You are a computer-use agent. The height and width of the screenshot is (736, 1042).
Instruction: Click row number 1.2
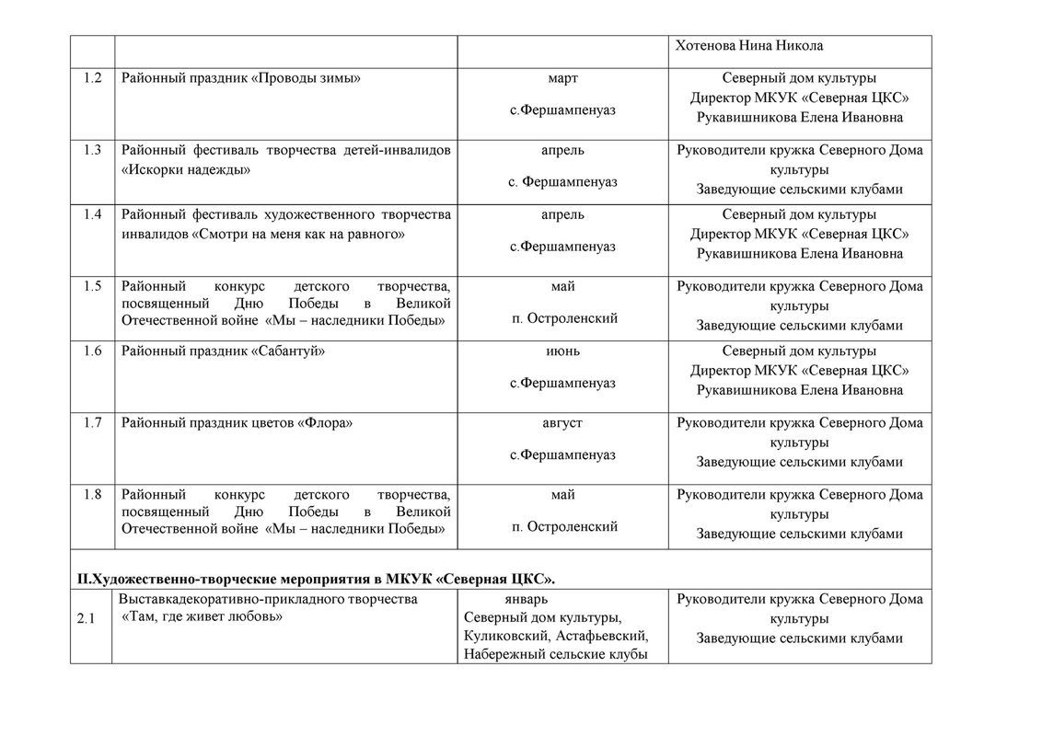pos(92,78)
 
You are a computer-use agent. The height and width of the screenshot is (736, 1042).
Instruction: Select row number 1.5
pos(92,286)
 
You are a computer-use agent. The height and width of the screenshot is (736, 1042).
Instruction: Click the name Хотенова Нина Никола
pos(748,46)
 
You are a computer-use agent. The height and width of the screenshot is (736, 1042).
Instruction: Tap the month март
pos(562,78)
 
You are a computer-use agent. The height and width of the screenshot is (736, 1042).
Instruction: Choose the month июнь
pos(562,351)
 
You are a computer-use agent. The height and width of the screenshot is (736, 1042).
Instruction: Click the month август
pos(562,422)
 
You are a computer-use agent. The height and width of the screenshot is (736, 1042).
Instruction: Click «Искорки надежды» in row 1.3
pos(185,170)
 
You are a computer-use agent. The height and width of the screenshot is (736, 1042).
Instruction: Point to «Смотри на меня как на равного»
pos(299,235)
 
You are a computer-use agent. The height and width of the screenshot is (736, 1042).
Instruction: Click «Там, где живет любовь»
pos(202,617)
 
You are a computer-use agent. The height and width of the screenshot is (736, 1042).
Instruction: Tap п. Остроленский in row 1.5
pos(564,319)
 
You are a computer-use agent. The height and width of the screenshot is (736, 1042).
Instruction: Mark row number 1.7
pos(92,422)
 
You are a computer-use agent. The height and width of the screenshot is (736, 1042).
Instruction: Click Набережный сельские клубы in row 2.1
pos(554,654)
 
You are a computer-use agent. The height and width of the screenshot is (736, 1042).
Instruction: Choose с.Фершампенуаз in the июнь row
pos(562,383)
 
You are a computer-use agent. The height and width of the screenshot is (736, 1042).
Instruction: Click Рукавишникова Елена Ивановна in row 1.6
pos(799,390)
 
